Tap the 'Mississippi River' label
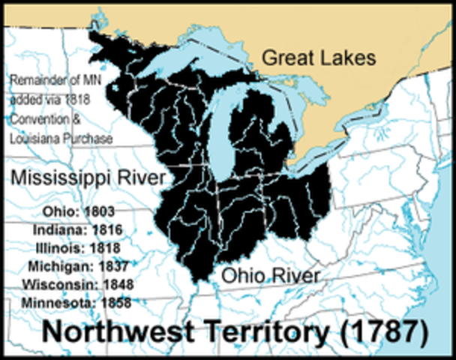click(88, 178)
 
